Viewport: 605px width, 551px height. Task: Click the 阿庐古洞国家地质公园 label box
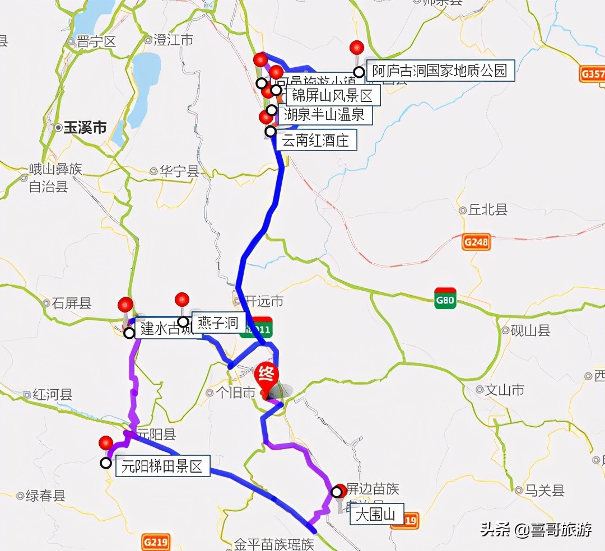click(440, 71)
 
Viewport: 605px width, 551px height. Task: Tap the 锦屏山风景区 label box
click(333, 95)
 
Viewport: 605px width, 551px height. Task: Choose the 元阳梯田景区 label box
click(162, 466)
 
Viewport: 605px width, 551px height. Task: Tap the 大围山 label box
click(376, 514)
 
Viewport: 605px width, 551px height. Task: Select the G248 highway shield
click(476, 241)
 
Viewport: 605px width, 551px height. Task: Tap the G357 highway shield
click(592, 73)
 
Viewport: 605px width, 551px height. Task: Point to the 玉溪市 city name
click(85, 128)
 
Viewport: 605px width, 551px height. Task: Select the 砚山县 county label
click(530, 330)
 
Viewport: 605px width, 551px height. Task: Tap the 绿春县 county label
click(45, 496)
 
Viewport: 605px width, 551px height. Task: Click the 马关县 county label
click(544, 491)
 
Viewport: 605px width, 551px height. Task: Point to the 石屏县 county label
click(72, 303)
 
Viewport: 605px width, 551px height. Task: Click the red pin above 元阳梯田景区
click(106, 443)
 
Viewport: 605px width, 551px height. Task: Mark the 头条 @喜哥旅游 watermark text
click(536, 530)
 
